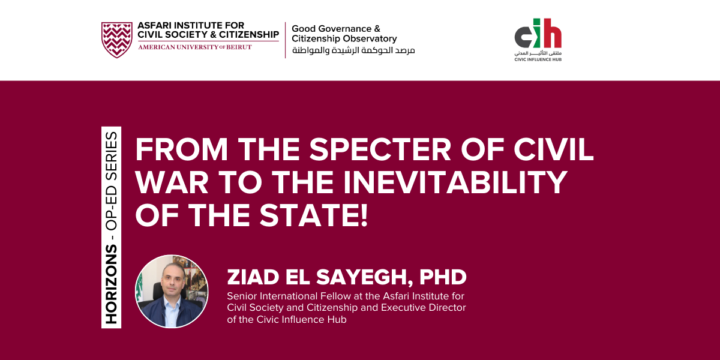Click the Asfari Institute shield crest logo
click(116, 40)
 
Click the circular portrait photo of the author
click(172, 291)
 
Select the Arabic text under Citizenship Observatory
click(353, 50)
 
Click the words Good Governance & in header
click(336, 28)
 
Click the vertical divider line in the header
click(285, 40)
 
